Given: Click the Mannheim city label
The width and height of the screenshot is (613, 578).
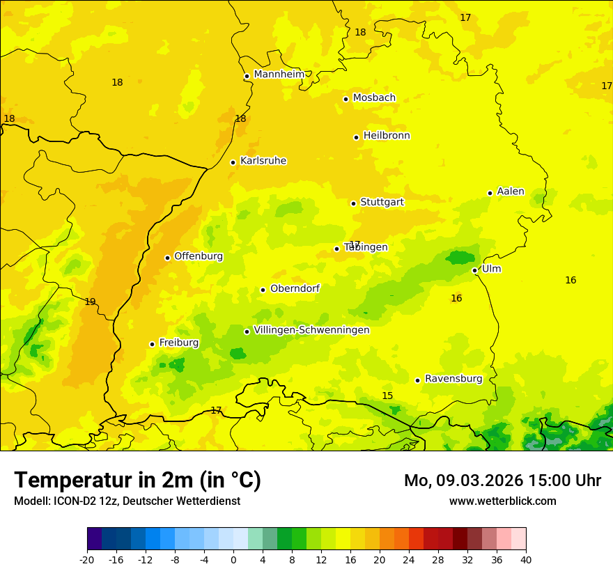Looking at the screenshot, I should click(x=279, y=74).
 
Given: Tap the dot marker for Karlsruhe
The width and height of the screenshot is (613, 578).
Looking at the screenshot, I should click(x=233, y=162).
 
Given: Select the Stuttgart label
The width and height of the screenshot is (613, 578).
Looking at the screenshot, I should click(x=382, y=202).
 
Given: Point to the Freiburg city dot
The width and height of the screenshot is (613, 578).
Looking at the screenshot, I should click(x=152, y=344).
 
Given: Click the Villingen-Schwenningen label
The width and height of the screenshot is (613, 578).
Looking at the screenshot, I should click(x=311, y=330).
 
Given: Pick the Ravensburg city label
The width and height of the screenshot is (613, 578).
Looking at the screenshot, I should click(x=453, y=379).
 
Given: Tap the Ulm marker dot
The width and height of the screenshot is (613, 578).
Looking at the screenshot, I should click(x=474, y=270).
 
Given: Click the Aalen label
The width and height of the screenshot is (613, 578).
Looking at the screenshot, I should click(x=510, y=192).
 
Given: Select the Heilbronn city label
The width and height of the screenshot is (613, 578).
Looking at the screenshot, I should click(x=387, y=136).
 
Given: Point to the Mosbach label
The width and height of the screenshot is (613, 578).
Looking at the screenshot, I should click(x=373, y=97).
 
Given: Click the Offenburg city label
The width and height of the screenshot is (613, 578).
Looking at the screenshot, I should click(x=198, y=256).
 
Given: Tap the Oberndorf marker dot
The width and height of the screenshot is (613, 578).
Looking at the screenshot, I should click(x=263, y=290).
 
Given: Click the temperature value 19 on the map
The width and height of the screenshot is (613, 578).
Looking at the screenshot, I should click(x=90, y=302).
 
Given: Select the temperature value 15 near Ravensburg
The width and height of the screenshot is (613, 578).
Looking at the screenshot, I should click(x=387, y=396).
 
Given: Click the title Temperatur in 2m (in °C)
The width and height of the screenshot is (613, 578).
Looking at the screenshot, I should click(x=137, y=480).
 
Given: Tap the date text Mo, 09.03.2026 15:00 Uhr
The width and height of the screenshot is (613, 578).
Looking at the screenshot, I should click(x=502, y=481).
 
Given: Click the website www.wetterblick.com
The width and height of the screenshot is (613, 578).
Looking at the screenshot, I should click(x=502, y=501).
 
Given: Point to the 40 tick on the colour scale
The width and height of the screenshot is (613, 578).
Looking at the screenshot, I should click(x=526, y=559).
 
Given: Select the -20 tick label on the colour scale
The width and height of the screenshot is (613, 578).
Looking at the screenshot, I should click(x=87, y=559).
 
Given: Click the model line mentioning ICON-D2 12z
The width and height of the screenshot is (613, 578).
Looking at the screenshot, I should click(x=127, y=501).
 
